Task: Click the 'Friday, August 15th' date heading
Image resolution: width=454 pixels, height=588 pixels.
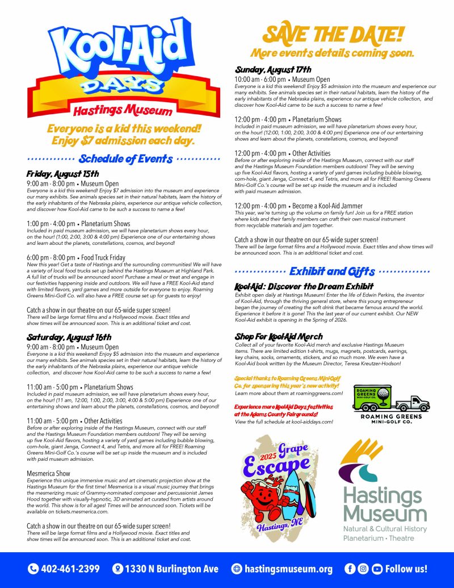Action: pos(63,173)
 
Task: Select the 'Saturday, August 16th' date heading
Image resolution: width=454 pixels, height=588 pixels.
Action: pos(69,337)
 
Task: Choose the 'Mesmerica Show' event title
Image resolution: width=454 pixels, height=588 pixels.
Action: pos(49,473)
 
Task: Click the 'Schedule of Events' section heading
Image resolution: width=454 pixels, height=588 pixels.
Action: pos(125,159)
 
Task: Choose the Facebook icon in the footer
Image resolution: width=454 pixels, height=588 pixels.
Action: pos(350,569)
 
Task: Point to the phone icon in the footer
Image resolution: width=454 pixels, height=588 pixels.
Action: pos(33,569)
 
